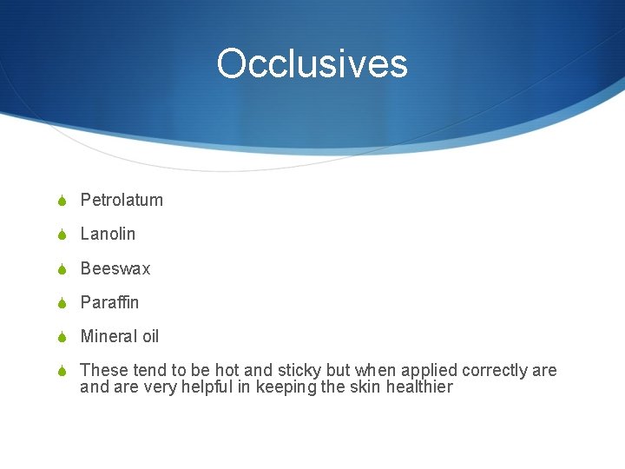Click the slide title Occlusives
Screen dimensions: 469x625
[312, 63]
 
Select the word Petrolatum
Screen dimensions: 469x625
[122, 200]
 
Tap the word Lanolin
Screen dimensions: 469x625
[108, 234]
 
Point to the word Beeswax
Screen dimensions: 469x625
[115, 268]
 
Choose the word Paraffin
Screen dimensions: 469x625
[109, 302]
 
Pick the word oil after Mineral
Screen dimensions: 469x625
[150, 336]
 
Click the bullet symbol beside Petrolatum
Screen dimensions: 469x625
[62, 201]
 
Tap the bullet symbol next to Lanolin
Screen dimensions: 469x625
[62, 234]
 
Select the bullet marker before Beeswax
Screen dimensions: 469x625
[62, 269]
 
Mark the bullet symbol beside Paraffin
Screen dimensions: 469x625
[62, 303]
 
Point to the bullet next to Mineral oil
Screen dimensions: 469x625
[62, 337]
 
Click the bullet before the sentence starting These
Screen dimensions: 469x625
[62, 372]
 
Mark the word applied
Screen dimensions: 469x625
[431, 371]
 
